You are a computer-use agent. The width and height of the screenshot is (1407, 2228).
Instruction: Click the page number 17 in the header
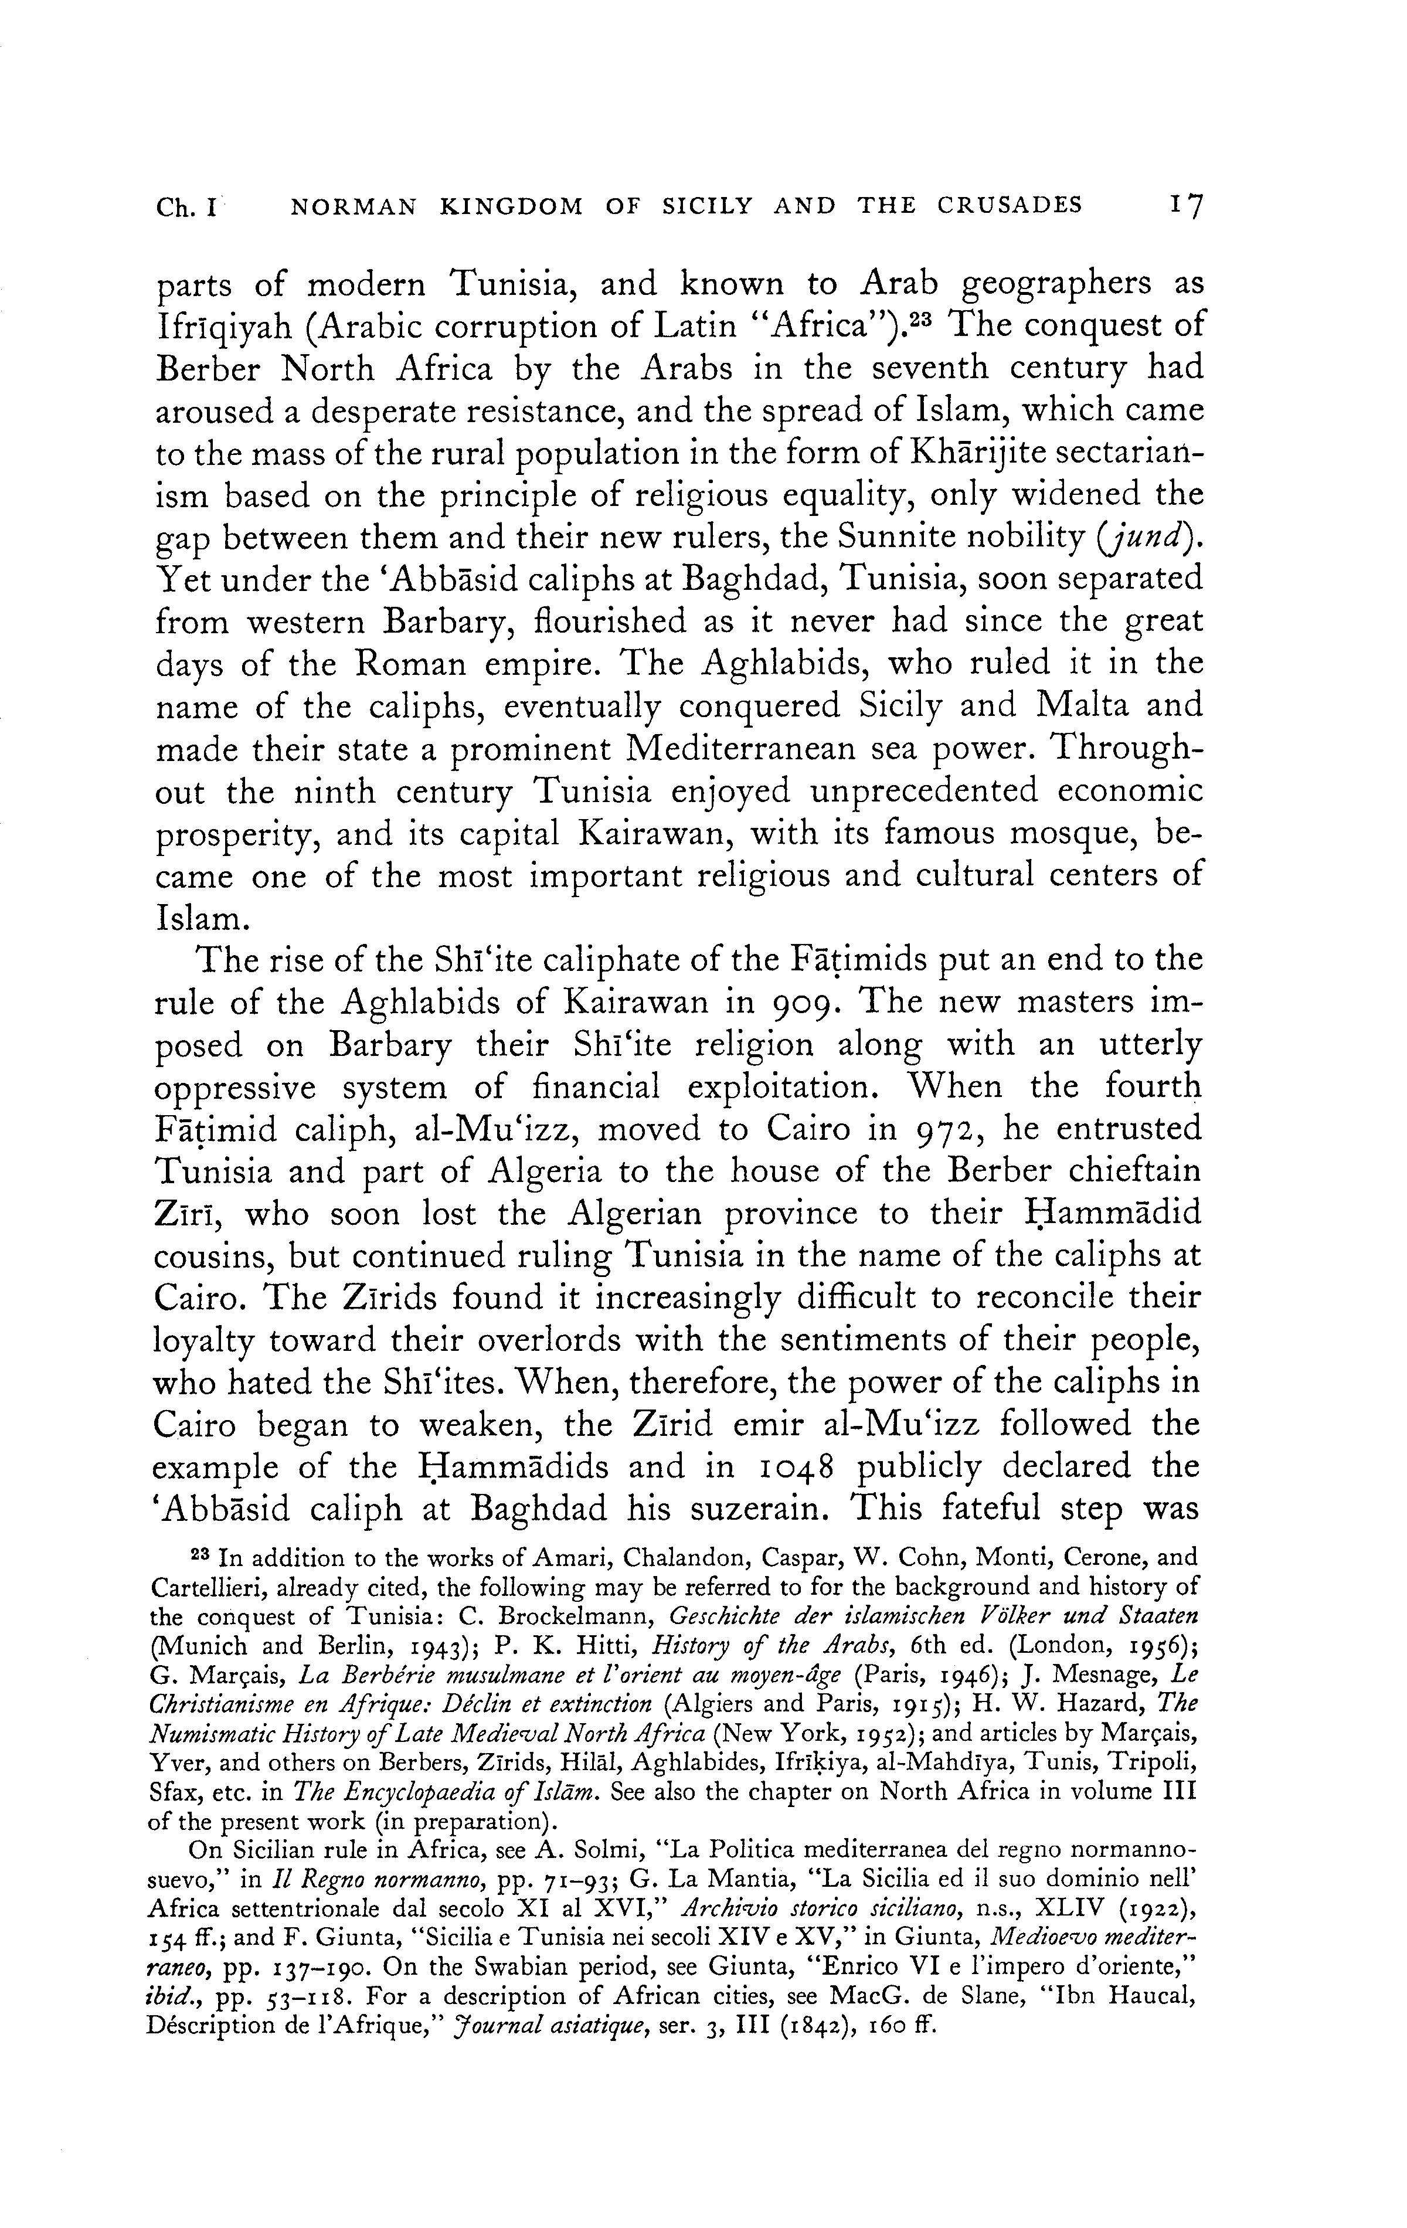point(1183,205)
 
